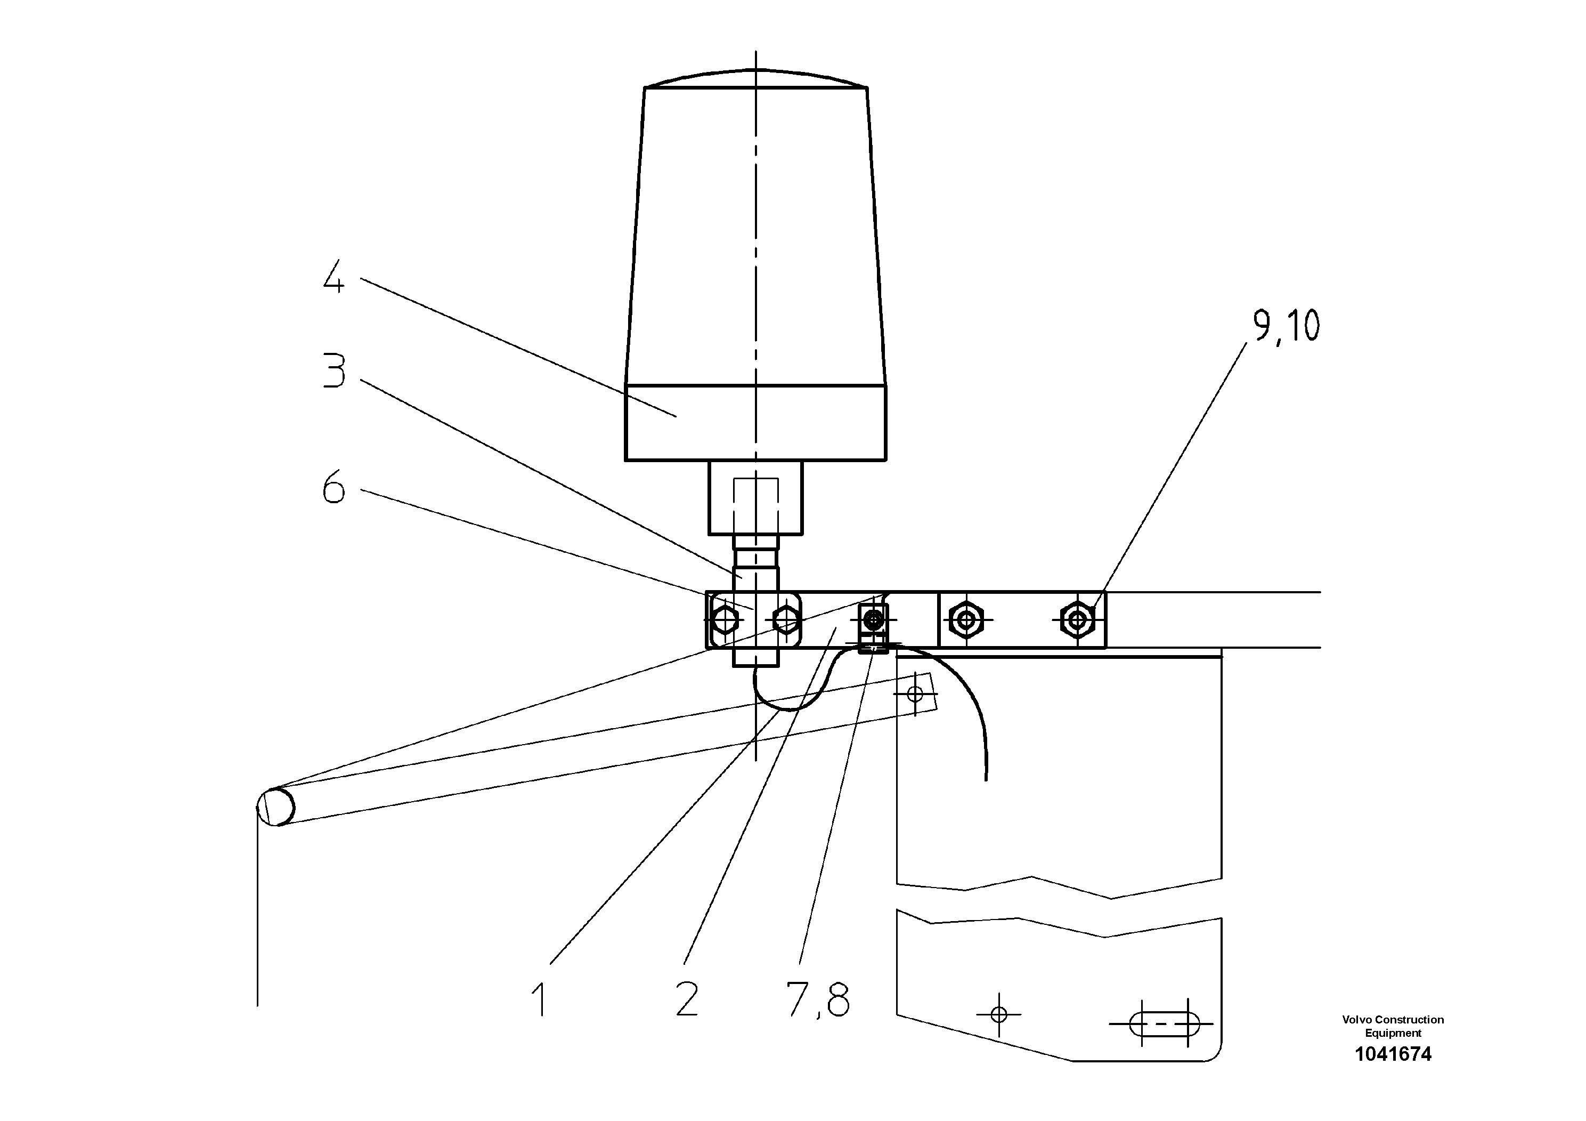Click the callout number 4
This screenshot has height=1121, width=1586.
click(x=334, y=278)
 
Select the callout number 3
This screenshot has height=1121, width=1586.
click(x=335, y=371)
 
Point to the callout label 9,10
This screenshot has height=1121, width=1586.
click(x=1286, y=326)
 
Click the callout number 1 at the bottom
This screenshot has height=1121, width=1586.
click(x=540, y=999)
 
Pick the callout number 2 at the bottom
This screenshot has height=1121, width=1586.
click(x=687, y=999)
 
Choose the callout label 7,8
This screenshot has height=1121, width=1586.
click(x=818, y=999)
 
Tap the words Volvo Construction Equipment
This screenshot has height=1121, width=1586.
click(x=1393, y=1026)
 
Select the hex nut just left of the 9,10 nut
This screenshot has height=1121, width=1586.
click(x=966, y=619)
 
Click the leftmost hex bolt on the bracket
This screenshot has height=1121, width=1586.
click(x=723, y=620)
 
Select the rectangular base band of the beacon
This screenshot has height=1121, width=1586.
click(x=755, y=423)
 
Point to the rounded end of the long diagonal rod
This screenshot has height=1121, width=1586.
click(x=275, y=807)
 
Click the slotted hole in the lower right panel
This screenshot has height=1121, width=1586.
click(x=1164, y=1023)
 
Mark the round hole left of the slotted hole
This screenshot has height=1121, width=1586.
click(x=999, y=1014)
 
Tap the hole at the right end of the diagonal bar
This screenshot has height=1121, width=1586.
click(x=915, y=693)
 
